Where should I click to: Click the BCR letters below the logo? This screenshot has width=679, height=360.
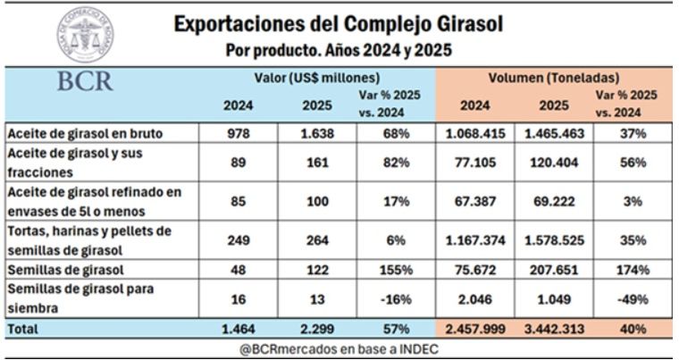coord(85,81)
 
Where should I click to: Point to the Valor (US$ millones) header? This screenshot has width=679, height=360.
coord(316,78)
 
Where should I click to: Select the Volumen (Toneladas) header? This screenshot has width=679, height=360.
coord(554,78)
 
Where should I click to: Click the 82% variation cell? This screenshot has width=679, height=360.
coord(396,162)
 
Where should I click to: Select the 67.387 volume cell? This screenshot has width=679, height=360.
coord(474,201)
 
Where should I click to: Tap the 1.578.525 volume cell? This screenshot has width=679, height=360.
coord(554,240)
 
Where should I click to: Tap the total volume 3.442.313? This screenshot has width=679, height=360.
coord(554,329)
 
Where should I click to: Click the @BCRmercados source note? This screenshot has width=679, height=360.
coord(339,349)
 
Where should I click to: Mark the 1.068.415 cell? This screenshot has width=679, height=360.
coord(474,133)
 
